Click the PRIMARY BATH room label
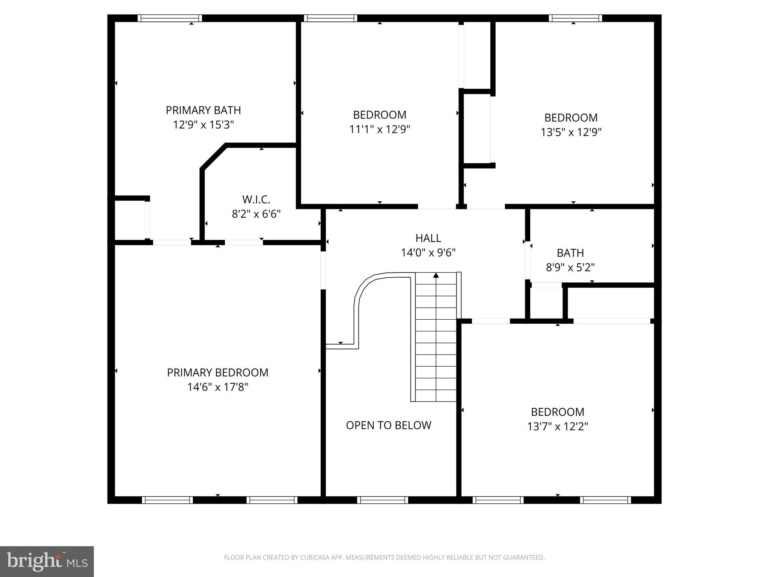pos(203,110)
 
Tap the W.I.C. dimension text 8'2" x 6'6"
pos(256,214)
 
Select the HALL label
pos(428,238)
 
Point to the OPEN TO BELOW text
pos(388,425)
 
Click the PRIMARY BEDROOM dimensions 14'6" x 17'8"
pos(218,387)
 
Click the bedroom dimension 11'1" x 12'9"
pos(380,130)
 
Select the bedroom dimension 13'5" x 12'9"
pos(571,133)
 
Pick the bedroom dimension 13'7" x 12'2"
pos(557,427)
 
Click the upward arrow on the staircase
pos(436,276)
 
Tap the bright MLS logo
pos(47,561)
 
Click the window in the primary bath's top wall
pos(169,18)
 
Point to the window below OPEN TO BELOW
pos(382,500)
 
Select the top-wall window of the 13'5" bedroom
pos(575,18)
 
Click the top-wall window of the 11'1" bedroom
pos(330,18)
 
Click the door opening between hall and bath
pos(528,261)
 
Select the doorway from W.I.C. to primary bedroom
pos(244,243)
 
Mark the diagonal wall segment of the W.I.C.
pos(213,157)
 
